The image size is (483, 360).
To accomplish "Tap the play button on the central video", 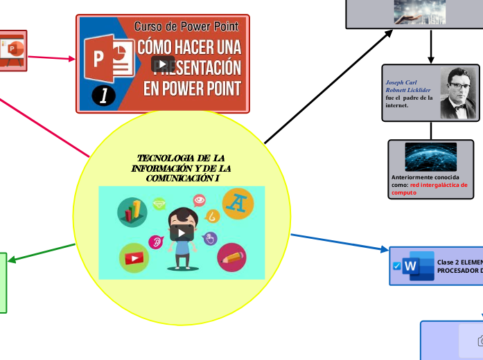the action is pyautogui.click(x=182, y=232).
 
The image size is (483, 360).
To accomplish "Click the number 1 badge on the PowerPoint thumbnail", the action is pyautogui.click(x=103, y=96).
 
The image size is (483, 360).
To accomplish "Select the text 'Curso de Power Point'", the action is pyautogui.click(x=186, y=26).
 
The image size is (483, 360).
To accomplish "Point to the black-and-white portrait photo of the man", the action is pyautogui.click(x=458, y=93).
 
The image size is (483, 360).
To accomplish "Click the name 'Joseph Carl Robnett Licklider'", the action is pyautogui.click(x=408, y=86).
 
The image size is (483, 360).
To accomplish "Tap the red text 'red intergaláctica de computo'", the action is pyautogui.click(x=429, y=189).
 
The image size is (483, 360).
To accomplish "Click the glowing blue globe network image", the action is pyautogui.click(x=430, y=156).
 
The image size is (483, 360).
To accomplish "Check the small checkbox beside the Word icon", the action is pyautogui.click(x=396, y=267).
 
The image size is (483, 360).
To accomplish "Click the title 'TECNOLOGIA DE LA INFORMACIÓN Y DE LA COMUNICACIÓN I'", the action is pyautogui.click(x=182, y=168).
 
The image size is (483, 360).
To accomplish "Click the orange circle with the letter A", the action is pyautogui.click(x=238, y=204).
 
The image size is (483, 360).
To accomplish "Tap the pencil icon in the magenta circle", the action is pyautogui.click(x=231, y=258).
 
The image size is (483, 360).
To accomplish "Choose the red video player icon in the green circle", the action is pyautogui.click(x=134, y=258).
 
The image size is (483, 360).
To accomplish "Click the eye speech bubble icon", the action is pyautogui.click(x=200, y=201).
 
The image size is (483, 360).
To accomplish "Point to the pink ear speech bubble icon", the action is pyautogui.click(x=155, y=242).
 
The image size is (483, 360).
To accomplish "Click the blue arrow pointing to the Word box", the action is pyautogui.click(x=340, y=242).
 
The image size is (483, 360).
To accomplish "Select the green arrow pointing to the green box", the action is pyautogui.click(x=42, y=252).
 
